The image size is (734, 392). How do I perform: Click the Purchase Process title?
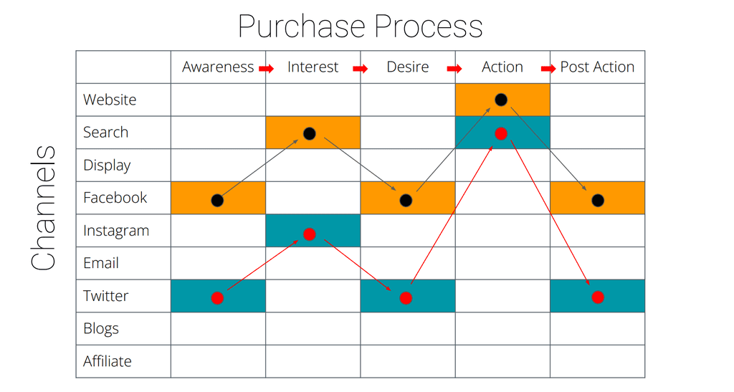tap(360, 27)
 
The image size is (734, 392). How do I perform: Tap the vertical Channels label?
tap(44, 208)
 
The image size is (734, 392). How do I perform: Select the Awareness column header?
tap(218, 67)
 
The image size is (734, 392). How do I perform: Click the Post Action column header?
tap(597, 67)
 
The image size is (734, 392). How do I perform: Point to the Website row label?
tap(110, 100)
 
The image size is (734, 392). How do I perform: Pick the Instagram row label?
tap(116, 231)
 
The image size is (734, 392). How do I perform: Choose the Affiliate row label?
tap(108, 361)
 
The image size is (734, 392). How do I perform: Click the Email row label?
tap(100, 263)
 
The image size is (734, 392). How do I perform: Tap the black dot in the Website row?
tap(501, 100)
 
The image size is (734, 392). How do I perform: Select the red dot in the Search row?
tap(501, 134)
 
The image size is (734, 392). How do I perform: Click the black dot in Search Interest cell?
tap(310, 134)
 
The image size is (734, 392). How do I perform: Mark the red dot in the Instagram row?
tap(310, 234)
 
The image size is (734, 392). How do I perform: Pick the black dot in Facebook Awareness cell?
tap(217, 201)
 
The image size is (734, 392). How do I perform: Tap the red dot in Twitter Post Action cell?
tap(598, 297)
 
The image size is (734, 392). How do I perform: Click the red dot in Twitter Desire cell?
tap(406, 298)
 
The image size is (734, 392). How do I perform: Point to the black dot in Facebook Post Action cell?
tap(598, 201)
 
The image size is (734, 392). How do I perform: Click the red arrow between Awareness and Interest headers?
tap(267, 69)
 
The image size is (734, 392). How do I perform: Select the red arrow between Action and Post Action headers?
tap(548, 69)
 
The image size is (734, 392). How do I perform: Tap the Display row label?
tap(107, 166)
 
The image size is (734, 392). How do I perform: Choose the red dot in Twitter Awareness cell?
tap(217, 298)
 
